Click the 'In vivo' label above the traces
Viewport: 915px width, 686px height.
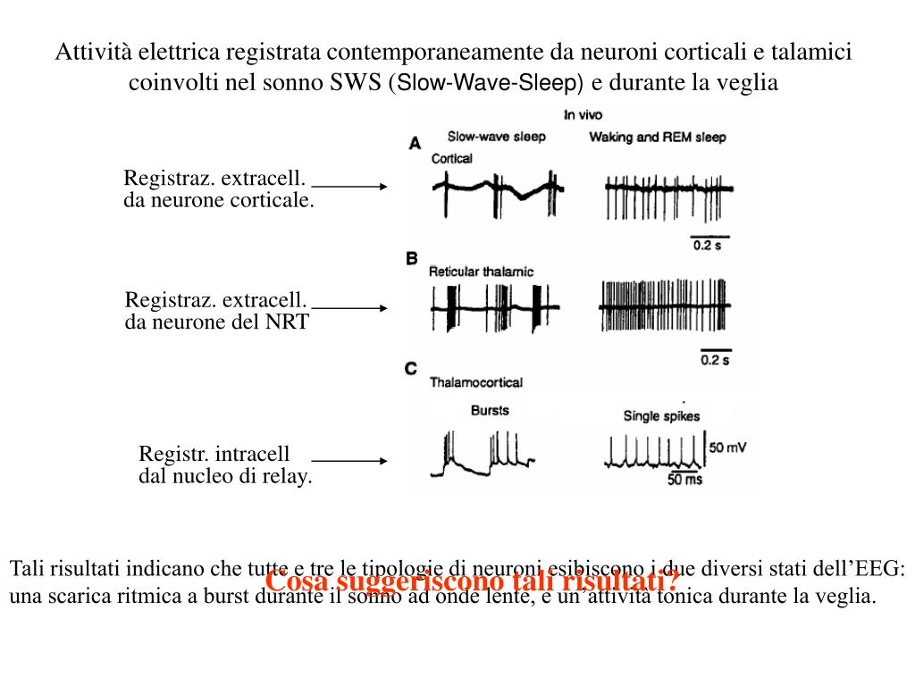582,115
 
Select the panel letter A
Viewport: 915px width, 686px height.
415,142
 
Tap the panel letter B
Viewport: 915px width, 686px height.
412,258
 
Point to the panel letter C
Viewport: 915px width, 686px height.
411,368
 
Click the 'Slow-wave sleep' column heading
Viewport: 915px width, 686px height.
495,137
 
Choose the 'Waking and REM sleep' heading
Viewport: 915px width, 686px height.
657,138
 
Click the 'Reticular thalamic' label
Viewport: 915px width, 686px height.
481,272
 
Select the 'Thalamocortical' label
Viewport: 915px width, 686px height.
476,382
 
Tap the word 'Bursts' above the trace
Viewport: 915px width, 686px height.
490,410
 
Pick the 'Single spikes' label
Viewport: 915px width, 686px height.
661,415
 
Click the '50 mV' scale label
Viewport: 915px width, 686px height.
727,447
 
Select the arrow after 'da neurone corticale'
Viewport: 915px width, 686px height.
349,187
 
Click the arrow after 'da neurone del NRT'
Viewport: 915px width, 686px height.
349,307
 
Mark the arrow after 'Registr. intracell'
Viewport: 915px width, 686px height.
349,462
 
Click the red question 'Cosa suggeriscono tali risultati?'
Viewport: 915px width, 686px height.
473,581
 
